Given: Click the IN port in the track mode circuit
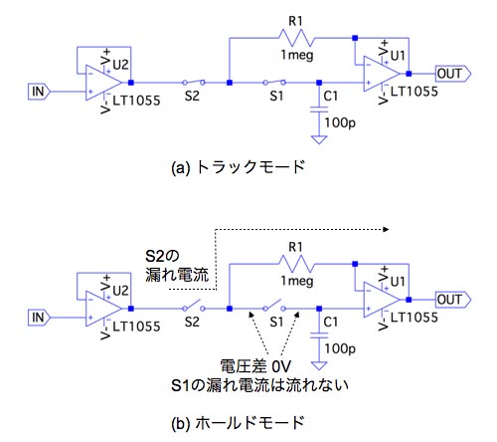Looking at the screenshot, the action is click(x=39, y=92).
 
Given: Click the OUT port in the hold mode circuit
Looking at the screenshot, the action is click(x=452, y=300).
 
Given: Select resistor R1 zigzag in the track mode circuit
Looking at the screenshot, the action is click(x=296, y=38).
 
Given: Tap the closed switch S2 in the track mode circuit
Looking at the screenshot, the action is click(x=194, y=83).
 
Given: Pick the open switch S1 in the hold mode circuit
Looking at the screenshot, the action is click(x=274, y=306).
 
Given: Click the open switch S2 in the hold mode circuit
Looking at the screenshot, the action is click(x=194, y=306).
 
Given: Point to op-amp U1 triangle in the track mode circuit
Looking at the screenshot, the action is click(x=382, y=74).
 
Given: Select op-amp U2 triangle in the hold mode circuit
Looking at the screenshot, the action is click(x=103, y=309).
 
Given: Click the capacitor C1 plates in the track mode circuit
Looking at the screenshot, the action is click(x=319, y=110).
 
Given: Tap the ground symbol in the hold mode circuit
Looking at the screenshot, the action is click(x=319, y=365).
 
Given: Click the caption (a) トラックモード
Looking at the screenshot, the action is click(x=238, y=167).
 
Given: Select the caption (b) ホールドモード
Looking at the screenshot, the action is click(x=238, y=423).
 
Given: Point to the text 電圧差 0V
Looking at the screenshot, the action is click(x=255, y=366).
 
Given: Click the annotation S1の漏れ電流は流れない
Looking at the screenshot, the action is click(x=259, y=385).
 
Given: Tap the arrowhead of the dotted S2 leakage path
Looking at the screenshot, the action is click(x=386, y=229).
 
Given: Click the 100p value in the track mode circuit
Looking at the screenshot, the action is click(x=340, y=122).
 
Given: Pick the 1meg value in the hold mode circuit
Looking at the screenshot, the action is click(x=297, y=282).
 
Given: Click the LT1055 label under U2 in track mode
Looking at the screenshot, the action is click(x=136, y=101).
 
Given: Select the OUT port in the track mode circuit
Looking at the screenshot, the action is click(x=452, y=74).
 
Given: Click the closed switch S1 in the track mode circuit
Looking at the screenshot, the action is click(x=274, y=83).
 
